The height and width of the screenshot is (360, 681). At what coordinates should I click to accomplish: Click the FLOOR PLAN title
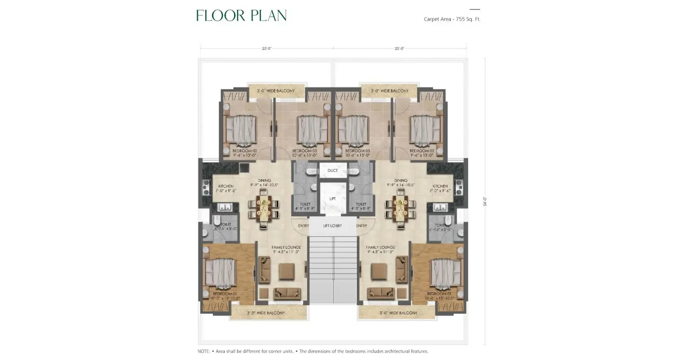click(241, 16)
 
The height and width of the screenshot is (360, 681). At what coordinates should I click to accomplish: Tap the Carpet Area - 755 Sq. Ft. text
click(452, 19)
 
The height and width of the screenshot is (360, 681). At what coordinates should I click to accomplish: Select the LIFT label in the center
click(332, 199)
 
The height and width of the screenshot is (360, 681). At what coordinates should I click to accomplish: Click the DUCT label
click(332, 171)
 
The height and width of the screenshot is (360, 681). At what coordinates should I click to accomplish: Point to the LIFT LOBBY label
click(332, 226)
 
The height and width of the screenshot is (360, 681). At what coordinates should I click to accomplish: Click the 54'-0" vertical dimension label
click(485, 202)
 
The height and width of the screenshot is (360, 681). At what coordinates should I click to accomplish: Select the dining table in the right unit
click(401, 209)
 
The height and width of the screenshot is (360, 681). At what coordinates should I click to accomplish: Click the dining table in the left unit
click(264, 209)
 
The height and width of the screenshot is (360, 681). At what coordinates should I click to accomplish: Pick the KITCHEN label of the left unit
click(226, 186)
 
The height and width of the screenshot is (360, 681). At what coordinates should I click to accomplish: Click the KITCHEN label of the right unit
click(440, 186)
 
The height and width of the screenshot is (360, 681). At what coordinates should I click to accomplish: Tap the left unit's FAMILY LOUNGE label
click(286, 247)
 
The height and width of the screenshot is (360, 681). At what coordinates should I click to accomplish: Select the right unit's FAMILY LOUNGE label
click(381, 247)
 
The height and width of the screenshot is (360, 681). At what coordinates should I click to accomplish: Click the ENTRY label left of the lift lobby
click(303, 226)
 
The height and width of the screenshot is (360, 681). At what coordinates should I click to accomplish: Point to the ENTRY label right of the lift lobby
click(361, 226)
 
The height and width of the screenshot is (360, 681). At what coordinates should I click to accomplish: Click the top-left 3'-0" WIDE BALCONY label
click(276, 91)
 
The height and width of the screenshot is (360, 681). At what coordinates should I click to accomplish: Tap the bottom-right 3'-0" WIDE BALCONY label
click(398, 313)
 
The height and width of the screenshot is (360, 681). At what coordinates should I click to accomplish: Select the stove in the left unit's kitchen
click(206, 187)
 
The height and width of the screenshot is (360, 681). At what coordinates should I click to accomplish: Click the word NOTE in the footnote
click(203, 351)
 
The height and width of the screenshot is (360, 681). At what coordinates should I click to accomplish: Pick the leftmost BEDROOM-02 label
click(245, 151)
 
